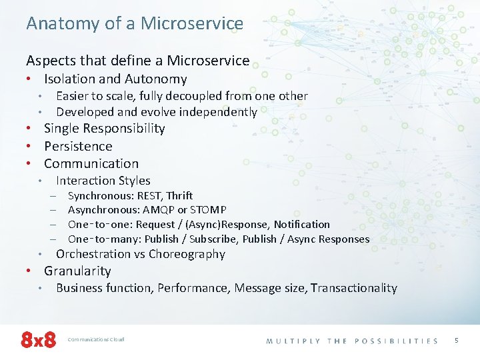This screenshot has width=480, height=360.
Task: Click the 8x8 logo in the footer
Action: [x=39, y=339]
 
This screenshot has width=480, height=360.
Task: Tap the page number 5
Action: [x=457, y=340]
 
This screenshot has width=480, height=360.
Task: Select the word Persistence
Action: [x=78, y=146]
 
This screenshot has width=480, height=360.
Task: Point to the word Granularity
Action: [x=77, y=271]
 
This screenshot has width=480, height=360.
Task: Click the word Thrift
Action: [x=179, y=195]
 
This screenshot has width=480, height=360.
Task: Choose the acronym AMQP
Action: [x=163, y=210]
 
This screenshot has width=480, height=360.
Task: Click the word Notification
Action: [x=301, y=225]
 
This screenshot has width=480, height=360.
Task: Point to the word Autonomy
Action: [x=156, y=79]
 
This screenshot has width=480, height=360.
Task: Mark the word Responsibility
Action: [x=123, y=128]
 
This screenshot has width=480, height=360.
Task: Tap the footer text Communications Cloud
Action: [x=96, y=339]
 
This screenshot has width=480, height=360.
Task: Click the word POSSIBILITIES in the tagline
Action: [x=396, y=341]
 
